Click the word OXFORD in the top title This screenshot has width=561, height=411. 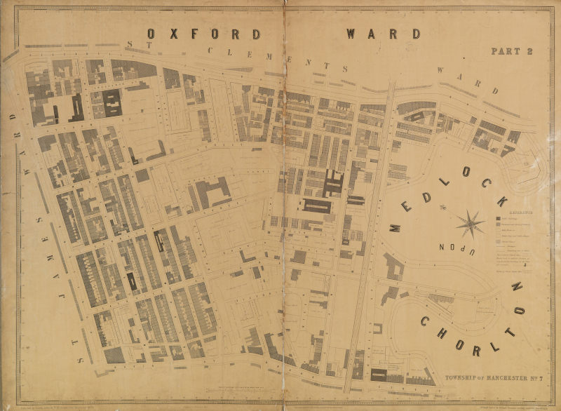pos(204,34)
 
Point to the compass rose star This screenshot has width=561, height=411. pos(469,224)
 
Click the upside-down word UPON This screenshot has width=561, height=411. pos(460,249)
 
